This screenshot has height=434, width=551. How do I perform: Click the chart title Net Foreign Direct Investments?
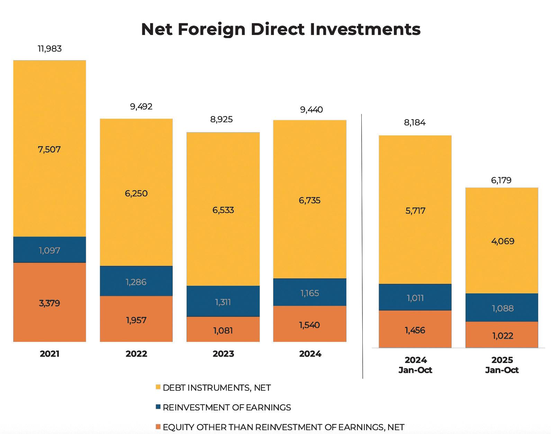tap(281, 29)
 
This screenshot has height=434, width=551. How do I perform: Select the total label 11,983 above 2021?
tap(49, 49)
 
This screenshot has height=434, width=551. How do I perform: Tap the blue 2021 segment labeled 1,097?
tap(49, 250)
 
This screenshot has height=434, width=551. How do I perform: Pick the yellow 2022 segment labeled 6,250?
tap(136, 193)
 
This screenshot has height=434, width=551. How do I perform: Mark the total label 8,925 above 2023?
tap(222, 119)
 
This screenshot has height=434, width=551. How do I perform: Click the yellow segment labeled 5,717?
tap(415, 210)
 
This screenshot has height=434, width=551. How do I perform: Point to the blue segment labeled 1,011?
tap(415, 297)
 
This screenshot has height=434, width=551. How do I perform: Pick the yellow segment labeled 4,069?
tap(502, 241)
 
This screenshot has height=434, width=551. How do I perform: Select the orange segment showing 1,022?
tap(502, 335)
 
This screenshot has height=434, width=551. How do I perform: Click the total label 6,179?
tap(501, 180)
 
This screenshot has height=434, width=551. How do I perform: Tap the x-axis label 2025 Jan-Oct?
tap(502, 365)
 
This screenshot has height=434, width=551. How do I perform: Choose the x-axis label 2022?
tap(136, 354)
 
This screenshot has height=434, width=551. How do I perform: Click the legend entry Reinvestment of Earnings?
tap(226, 407)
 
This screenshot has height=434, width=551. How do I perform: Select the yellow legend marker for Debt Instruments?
tap(158, 387)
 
